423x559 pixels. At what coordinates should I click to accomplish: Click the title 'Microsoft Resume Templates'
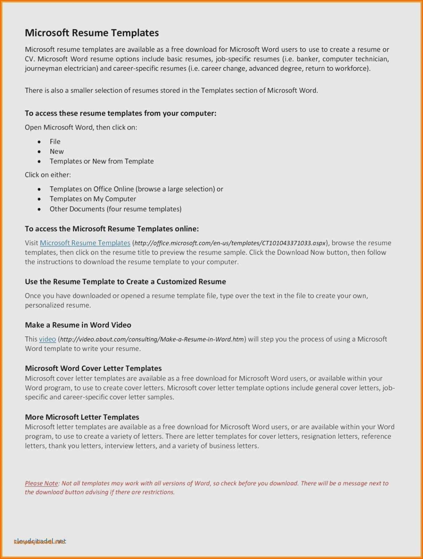tap(92, 33)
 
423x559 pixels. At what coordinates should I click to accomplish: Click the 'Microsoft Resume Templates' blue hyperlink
tap(85, 243)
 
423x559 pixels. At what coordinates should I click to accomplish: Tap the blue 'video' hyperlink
tap(47, 339)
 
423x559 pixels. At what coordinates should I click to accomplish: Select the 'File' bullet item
tap(55, 142)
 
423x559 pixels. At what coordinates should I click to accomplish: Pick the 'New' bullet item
tap(57, 151)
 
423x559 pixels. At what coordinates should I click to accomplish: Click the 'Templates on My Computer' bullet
tap(93, 199)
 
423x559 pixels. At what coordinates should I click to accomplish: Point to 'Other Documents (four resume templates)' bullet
tap(115, 209)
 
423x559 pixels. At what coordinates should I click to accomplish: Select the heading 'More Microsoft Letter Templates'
tap(82, 417)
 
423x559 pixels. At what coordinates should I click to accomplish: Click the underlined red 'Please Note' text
tap(41, 483)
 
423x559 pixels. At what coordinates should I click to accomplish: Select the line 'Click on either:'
tap(48, 175)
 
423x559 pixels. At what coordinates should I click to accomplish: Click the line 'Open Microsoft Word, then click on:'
tap(81, 127)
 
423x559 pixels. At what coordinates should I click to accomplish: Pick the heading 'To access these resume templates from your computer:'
tap(121, 113)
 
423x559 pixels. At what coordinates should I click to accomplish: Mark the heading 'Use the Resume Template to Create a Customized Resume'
tap(125, 281)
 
